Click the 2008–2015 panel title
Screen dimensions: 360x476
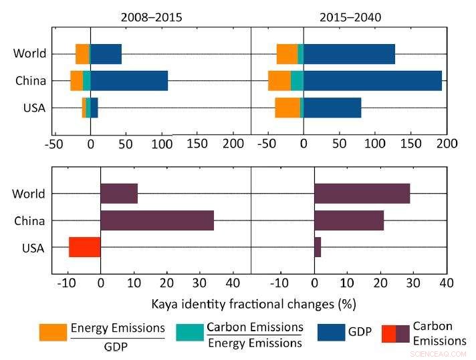tap(151, 17)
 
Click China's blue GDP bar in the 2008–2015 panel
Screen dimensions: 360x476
tap(129, 81)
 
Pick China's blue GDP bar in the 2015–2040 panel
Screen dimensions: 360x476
tap(372, 81)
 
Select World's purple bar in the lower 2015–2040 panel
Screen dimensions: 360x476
tap(362, 194)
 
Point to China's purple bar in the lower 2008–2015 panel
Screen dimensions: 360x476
tap(157, 220)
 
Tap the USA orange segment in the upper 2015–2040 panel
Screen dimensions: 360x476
tap(287, 108)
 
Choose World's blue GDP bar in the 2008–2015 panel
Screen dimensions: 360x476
tap(106, 54)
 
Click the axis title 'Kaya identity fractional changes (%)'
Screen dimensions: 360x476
tap(253, 304)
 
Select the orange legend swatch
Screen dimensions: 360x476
tap(53, 333)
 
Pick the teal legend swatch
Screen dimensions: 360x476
tap(189, 333)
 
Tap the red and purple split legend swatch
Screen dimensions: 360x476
tap(395, 333)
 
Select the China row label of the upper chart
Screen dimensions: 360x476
tap(31, 81)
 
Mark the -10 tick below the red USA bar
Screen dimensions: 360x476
tap(68, 283)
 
